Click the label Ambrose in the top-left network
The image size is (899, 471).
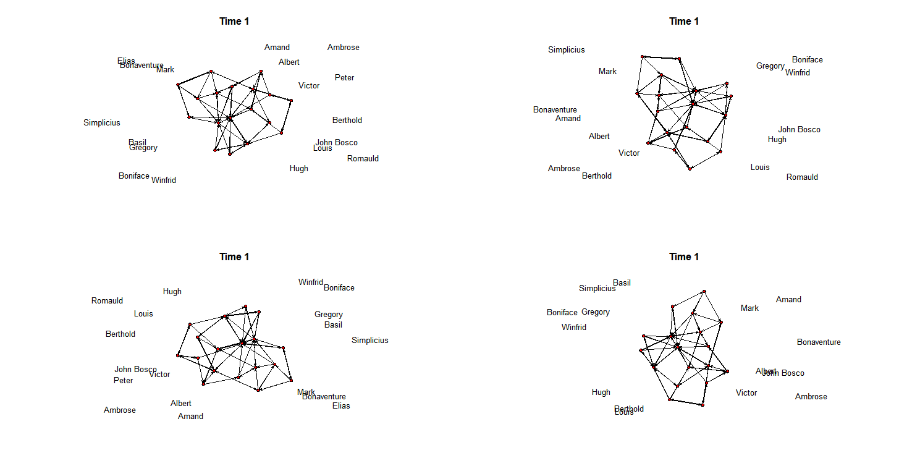click(x=343, y=48)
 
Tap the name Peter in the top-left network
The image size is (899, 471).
click(x=344, y=78)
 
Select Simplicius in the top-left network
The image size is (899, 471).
click(x=102, y=123)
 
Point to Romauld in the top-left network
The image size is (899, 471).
click(x=363, y=159)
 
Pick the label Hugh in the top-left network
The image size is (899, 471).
click(x=298, y=169)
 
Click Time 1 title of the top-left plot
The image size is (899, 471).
click(x=234, y=22)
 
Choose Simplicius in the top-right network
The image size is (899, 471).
click(x=566, y=50)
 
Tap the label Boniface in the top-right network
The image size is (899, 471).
click(x=807, y=60)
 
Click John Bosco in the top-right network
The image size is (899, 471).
click(x=799, y=130)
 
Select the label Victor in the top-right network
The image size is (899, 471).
click(x=629, y=153)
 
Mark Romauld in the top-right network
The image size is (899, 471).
click(x=802, y=177)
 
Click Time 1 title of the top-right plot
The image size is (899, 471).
click(x=684, y=22)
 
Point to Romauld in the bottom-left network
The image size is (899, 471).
click(x=107, y=301)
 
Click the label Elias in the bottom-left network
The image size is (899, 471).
click(x=341, y=406)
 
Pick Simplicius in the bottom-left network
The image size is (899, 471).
click(x=369, y=341)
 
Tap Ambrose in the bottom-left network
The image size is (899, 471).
click(x=119, y=410)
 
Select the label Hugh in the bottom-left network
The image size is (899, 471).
click(x=172, y=292)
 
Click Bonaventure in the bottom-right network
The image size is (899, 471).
click(x=818, y=342)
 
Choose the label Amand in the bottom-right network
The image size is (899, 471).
click(x=788, y=300)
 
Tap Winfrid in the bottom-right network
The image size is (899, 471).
click(x=573, y=328)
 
